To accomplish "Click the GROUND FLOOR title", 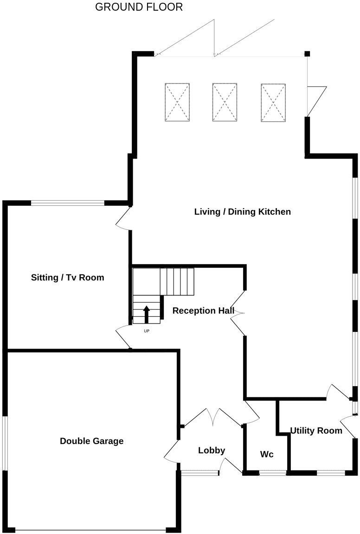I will [x=139, y=7].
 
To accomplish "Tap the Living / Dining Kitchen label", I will [x=242, y=212].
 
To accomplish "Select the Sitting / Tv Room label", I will [x=67, y=278].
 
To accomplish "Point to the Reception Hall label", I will [x=203, y=311].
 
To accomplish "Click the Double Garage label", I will [x=91, y=441].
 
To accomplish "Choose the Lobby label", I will [x=211, y=450].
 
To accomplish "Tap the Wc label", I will [x=266, y=454].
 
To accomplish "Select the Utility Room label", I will [x=316, y=431].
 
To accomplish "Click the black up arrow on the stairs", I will [x=147, y=314].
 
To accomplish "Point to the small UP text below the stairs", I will [x=147, y=331].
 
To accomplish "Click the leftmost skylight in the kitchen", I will [x=177, y=102].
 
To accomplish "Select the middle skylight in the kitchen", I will [x=225, y=102].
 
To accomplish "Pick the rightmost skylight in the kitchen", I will [x=273, y=102].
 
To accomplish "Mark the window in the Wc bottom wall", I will [x=272, y=473].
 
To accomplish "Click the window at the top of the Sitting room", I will [x=68, y=203].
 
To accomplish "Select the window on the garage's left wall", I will [x=5, y=443].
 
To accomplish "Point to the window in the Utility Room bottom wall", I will [x=330, y=473].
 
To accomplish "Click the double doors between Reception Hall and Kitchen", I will [x=238, y=313].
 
